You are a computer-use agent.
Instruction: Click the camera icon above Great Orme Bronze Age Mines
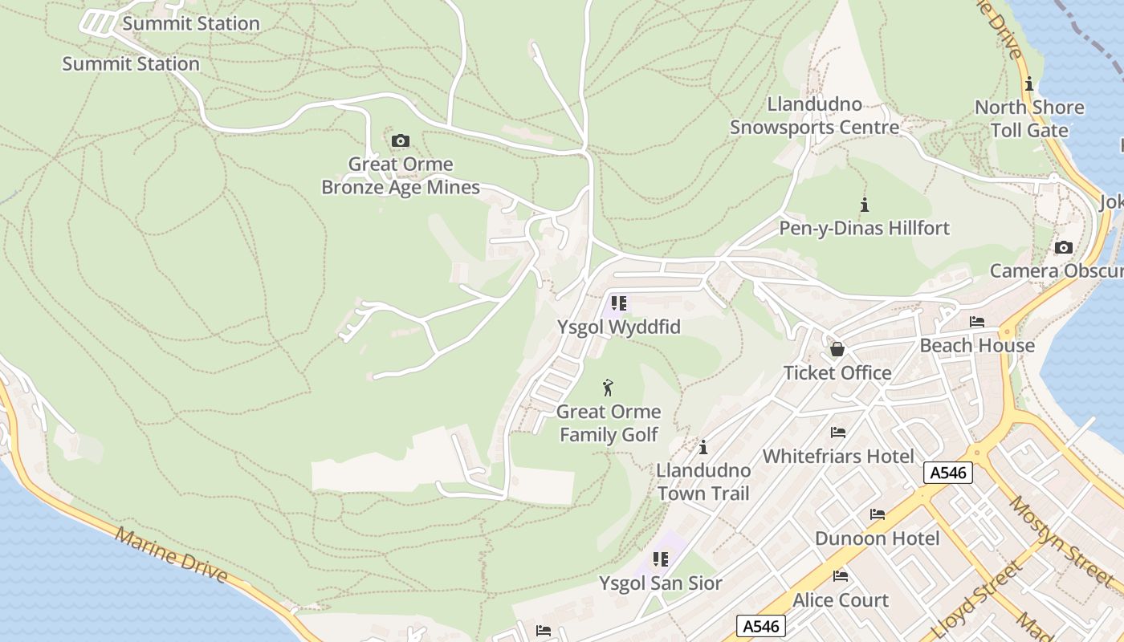pyautogui.click(x=400, y=141)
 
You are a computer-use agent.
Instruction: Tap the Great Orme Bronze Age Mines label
pyautogui.click(x=401, y=176)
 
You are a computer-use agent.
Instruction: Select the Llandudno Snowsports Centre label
pyautogui.click(x=814, y=116)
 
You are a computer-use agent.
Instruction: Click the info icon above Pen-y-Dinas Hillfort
pyautogui.click(x=865, y=205)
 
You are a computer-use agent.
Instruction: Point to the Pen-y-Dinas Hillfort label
pyautogui.click(x=864, y=228)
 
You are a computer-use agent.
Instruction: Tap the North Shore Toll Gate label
pyautogui.click(x=1029, y=119)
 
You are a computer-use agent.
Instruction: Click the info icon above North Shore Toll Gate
pyautogui.click(x=1029, y=84)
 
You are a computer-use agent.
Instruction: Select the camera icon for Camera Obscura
pyautogui.click(x=1064, y=247)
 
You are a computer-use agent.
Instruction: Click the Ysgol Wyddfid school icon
pyautogui.click(x=618, y=303)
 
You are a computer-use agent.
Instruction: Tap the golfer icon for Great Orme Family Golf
pyautogui.click(x=608, y=388)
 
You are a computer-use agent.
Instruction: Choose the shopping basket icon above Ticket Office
pyautogui.click(x=837, y=349)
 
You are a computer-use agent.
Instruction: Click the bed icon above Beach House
pyautogui.click(x=977, y=322)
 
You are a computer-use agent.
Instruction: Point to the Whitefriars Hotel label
pyautogui.click(x=838, y=456)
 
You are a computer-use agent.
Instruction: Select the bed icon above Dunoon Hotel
pyautogui.click(x=878, y=514)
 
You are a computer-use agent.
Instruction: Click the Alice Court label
pyautogui.click(x=841, y=600)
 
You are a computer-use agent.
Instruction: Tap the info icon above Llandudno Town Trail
pyautogui.click(x=703, y=447)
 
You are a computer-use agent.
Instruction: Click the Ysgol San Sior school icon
pyautogui.click(x=661, y=559)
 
